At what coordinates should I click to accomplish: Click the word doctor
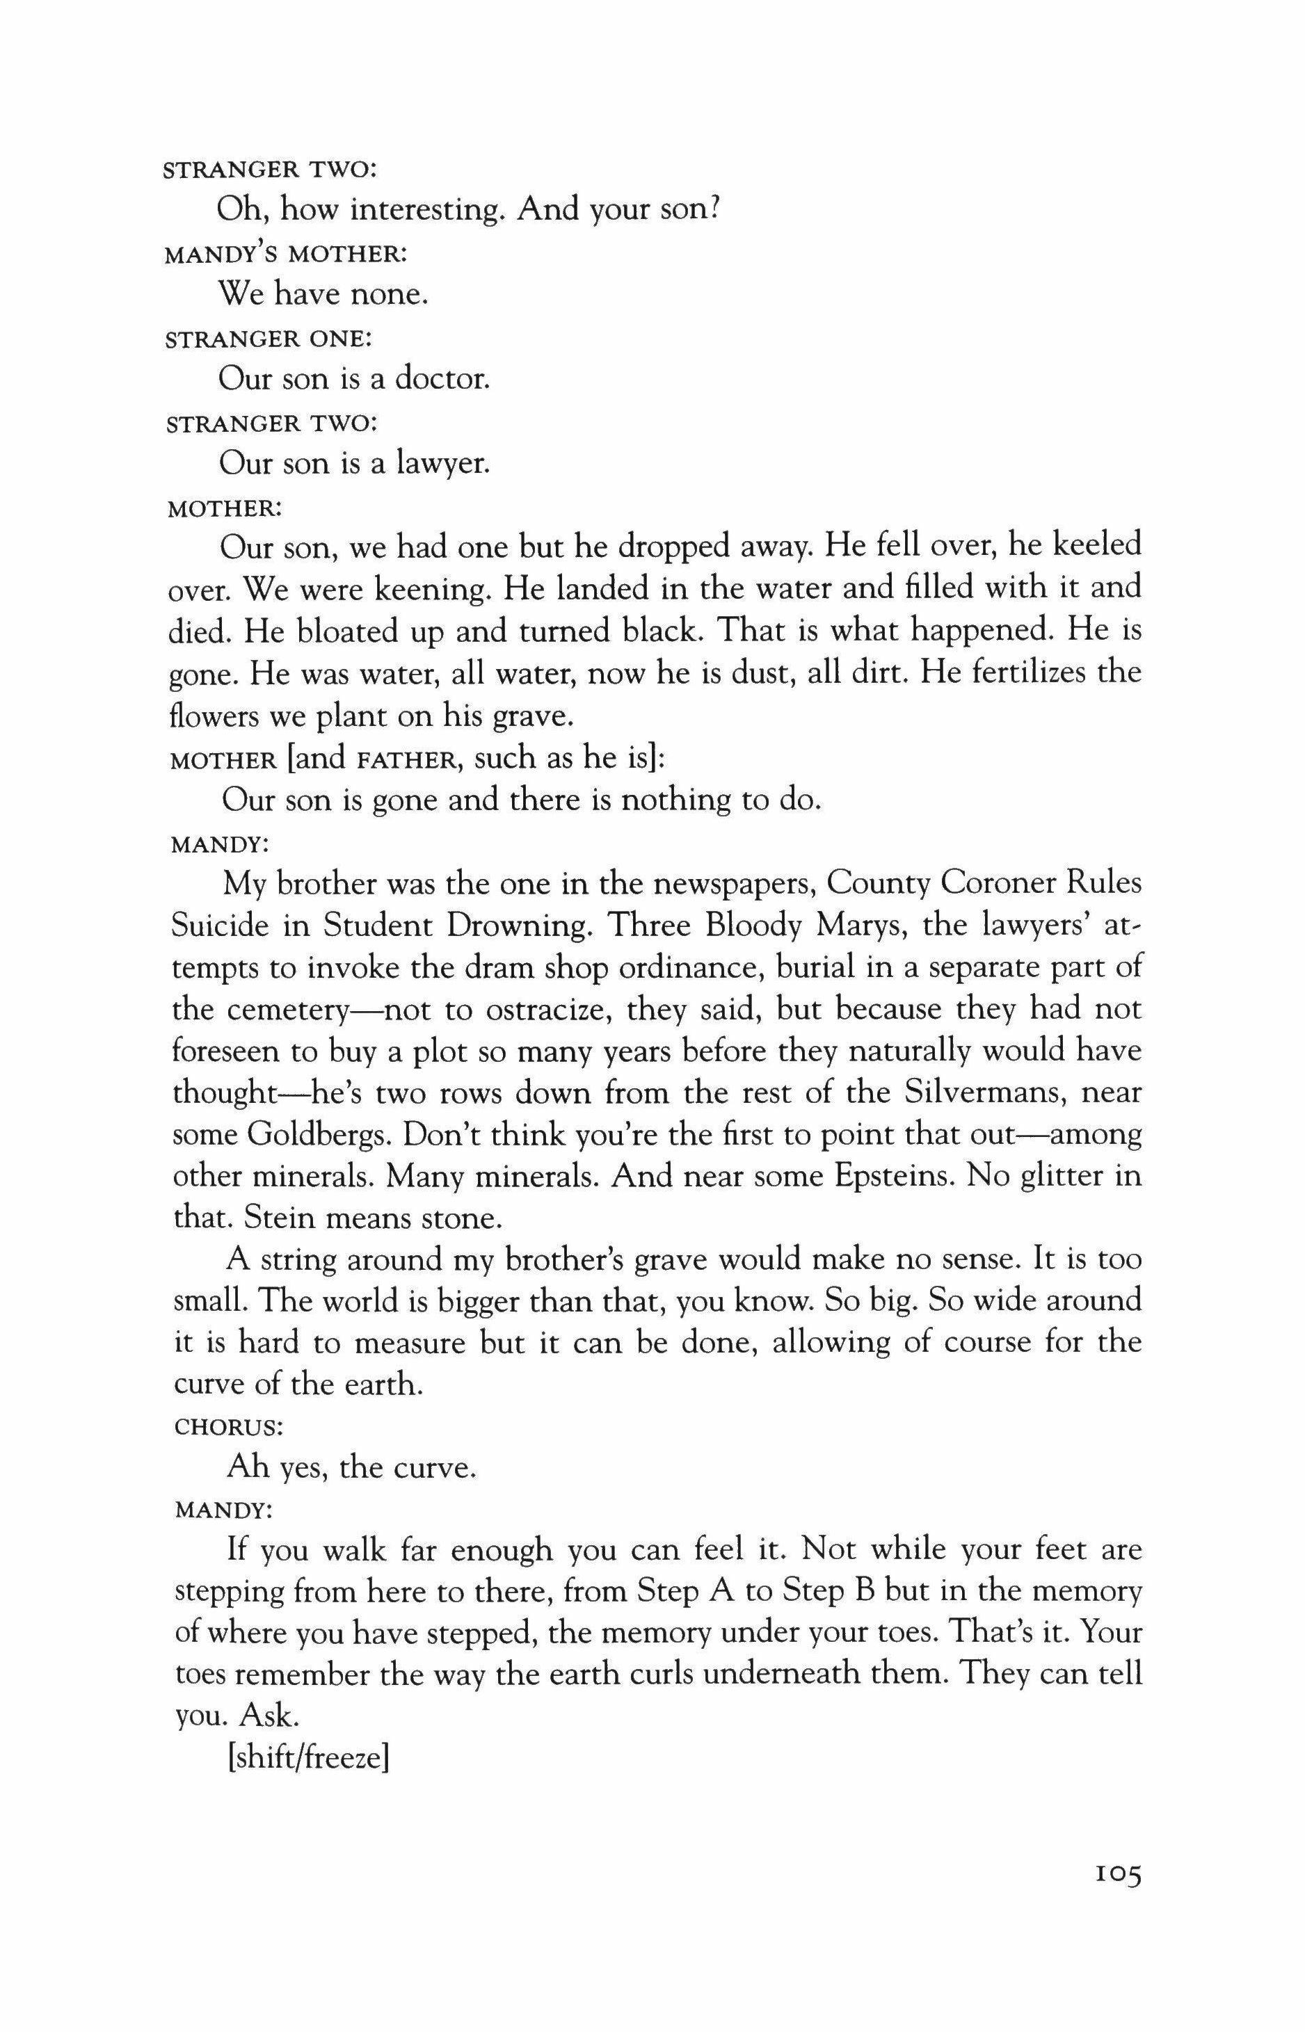(443, 378)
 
